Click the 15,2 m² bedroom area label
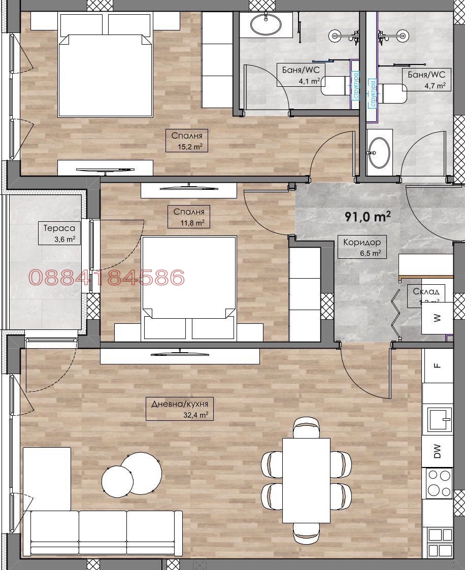(187, 141)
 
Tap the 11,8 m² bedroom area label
(188, 217)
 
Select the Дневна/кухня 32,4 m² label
(179, 409)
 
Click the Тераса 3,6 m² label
(59, 234)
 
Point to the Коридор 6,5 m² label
(361, 247)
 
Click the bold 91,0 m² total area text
(368, 217)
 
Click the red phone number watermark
(107, 278)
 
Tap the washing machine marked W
(437, 318)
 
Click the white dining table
(306, 480)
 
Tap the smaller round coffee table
(118, 480)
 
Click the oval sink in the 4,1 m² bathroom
(265, 24)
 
